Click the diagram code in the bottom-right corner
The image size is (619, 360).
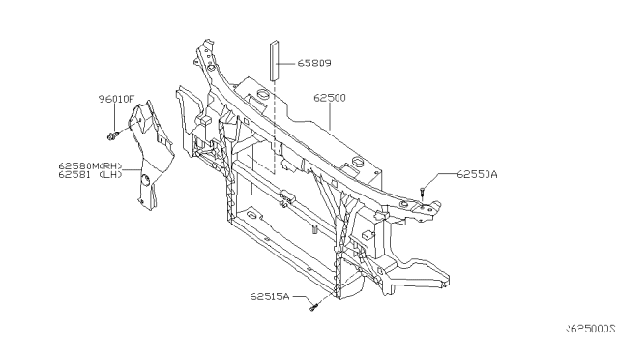click(x=590, y=329)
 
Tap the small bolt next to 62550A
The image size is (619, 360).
click(x=424, y=192)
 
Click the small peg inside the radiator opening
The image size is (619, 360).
click(x=314, y=229)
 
